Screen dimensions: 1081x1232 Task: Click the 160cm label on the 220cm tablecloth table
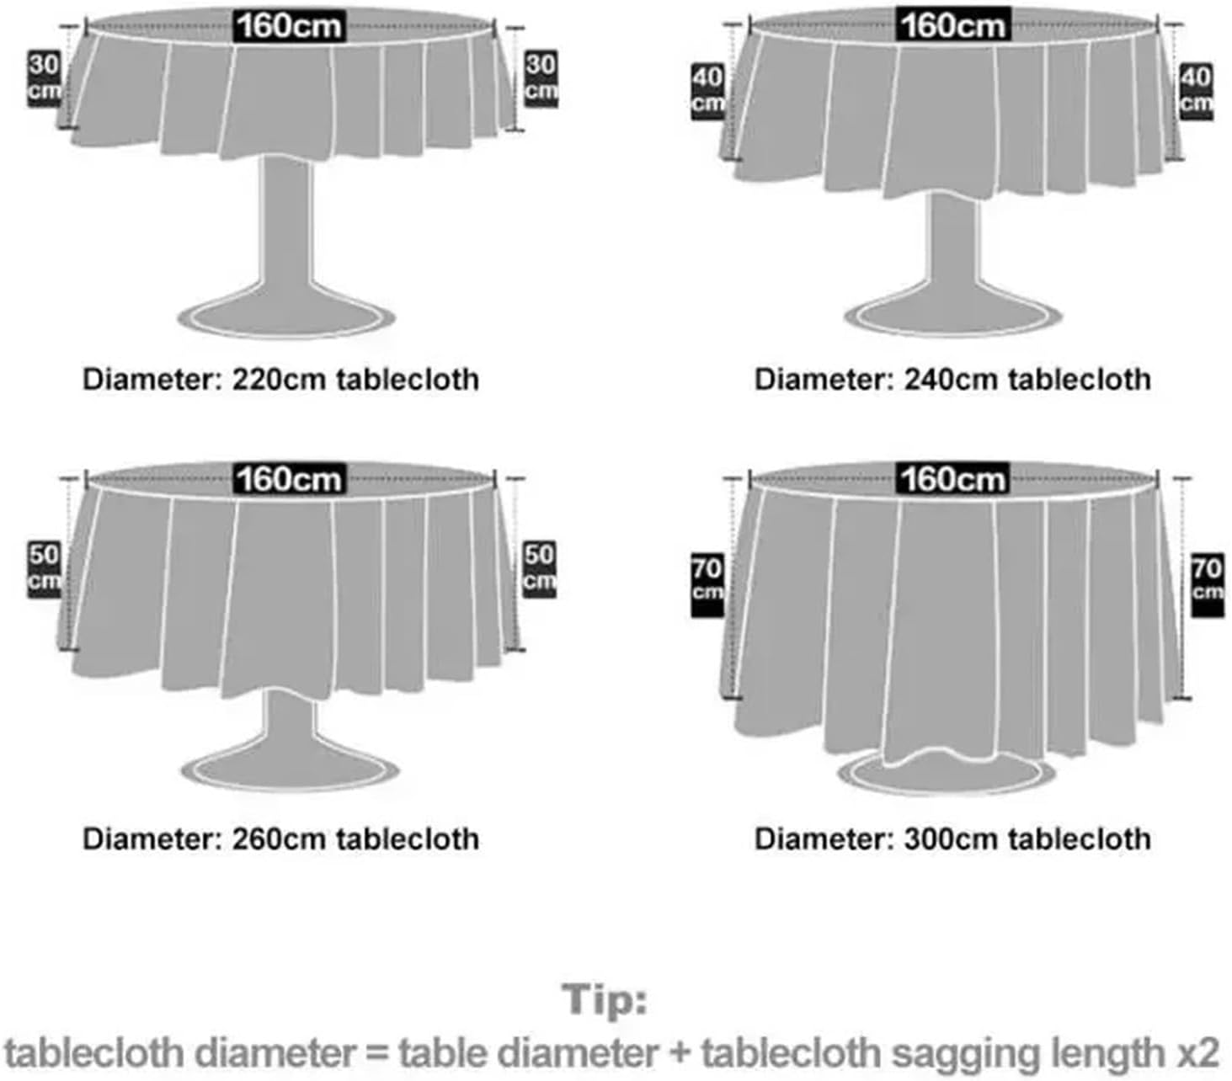click(x=288, y=25)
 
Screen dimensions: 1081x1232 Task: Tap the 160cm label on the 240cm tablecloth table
click(x=952, y=25)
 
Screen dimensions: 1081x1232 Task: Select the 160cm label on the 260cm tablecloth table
click(x=288, y=478)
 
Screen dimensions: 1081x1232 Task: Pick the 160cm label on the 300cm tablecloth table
click(x=952, y=478)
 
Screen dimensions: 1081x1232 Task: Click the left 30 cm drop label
click(x=44, y=78)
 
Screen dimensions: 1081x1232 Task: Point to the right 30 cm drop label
click(x=541, y=78)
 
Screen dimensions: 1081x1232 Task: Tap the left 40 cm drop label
click(x=707, y=90)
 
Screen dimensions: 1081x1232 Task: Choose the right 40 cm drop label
click(x=1196, y=90)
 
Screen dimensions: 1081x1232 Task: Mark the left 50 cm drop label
click(x=44, y=568)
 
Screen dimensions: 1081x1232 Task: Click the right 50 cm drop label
click(x=539, y=568)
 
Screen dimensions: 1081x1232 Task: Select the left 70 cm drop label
click(x=707, y=582)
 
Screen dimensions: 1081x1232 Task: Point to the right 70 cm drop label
click(x=1206, y=580)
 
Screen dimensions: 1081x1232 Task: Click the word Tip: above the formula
click(x=605, y=1000)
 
